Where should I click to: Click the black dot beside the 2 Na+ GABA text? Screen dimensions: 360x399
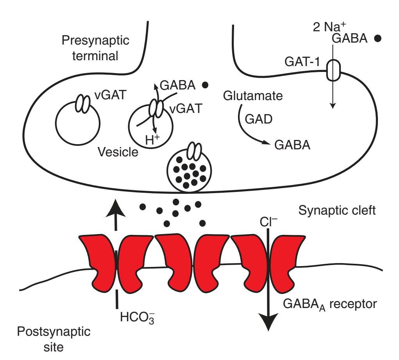[378, 39]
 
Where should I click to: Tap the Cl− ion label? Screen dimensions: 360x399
[268, 222]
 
